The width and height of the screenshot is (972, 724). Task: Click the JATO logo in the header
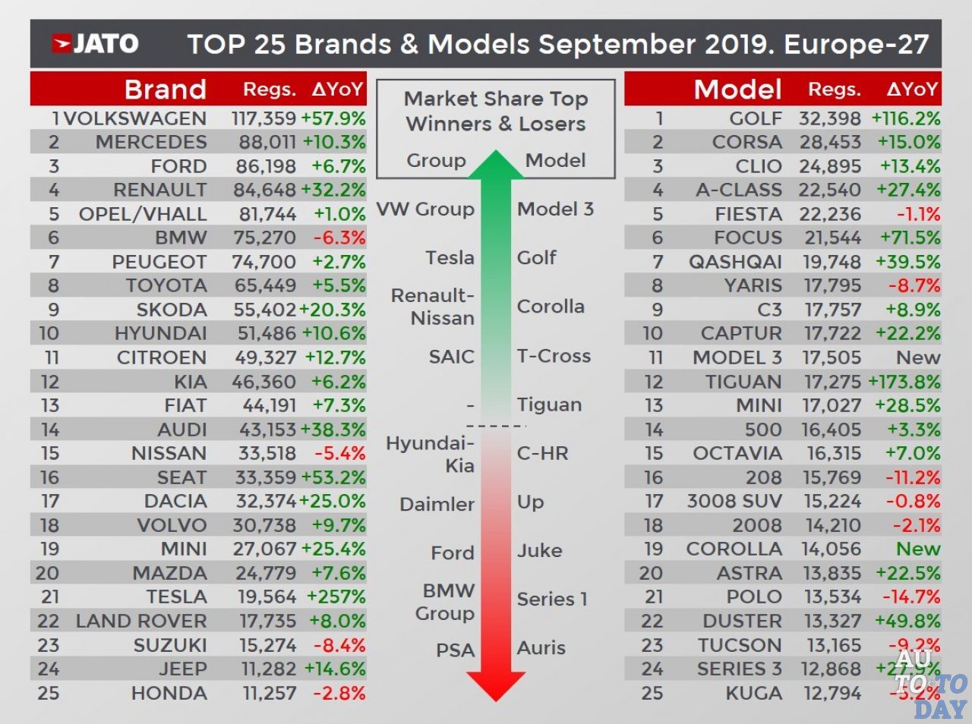point(94,44)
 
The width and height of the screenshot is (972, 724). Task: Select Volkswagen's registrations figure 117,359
point(264,118)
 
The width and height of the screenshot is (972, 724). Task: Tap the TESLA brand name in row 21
point(176,597)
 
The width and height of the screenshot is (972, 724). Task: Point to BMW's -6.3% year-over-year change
point(339,238)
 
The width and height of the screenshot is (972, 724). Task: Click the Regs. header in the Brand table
point(269,90)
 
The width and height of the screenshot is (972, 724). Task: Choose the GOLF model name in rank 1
point(756,118)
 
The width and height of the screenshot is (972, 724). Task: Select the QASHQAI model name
point(735,262)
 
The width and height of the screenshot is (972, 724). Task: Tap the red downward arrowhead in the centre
point(495,684)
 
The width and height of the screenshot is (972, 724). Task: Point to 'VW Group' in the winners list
point(425,209)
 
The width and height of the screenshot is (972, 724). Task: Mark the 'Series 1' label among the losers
point(552,600)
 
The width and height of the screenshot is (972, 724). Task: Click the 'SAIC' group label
point(451,357)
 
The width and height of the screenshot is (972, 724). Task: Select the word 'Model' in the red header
point(737,90)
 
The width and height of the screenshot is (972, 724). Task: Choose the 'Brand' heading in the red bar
point(165,90)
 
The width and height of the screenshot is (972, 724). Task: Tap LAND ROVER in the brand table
point(140,621)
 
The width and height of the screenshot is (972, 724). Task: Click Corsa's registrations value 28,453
point(829,142)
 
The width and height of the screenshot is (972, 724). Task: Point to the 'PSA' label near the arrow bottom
point(455,650)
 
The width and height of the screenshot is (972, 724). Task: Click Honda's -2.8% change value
point(339,693)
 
